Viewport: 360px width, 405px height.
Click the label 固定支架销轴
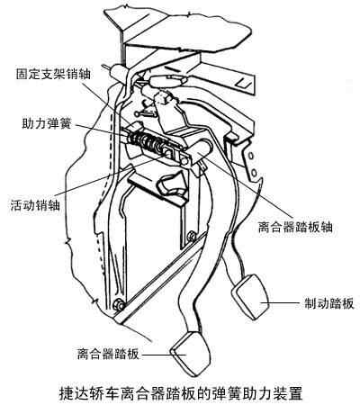click(53, 74)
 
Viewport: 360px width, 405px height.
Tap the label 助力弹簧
click(47, 122)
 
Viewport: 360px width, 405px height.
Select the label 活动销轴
click(35, 205)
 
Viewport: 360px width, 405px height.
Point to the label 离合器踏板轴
click(295, 227)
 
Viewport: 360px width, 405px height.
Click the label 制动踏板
click(329, 303)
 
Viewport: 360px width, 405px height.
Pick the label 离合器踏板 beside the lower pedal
click(108, 354)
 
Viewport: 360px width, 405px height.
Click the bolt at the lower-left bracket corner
click(119, 304)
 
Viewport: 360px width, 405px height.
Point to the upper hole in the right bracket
click(251, 156)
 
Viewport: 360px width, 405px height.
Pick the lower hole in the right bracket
click(254, 173)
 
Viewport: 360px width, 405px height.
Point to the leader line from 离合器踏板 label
click(164, 355)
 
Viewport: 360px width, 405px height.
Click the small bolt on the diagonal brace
click(191, 236)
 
